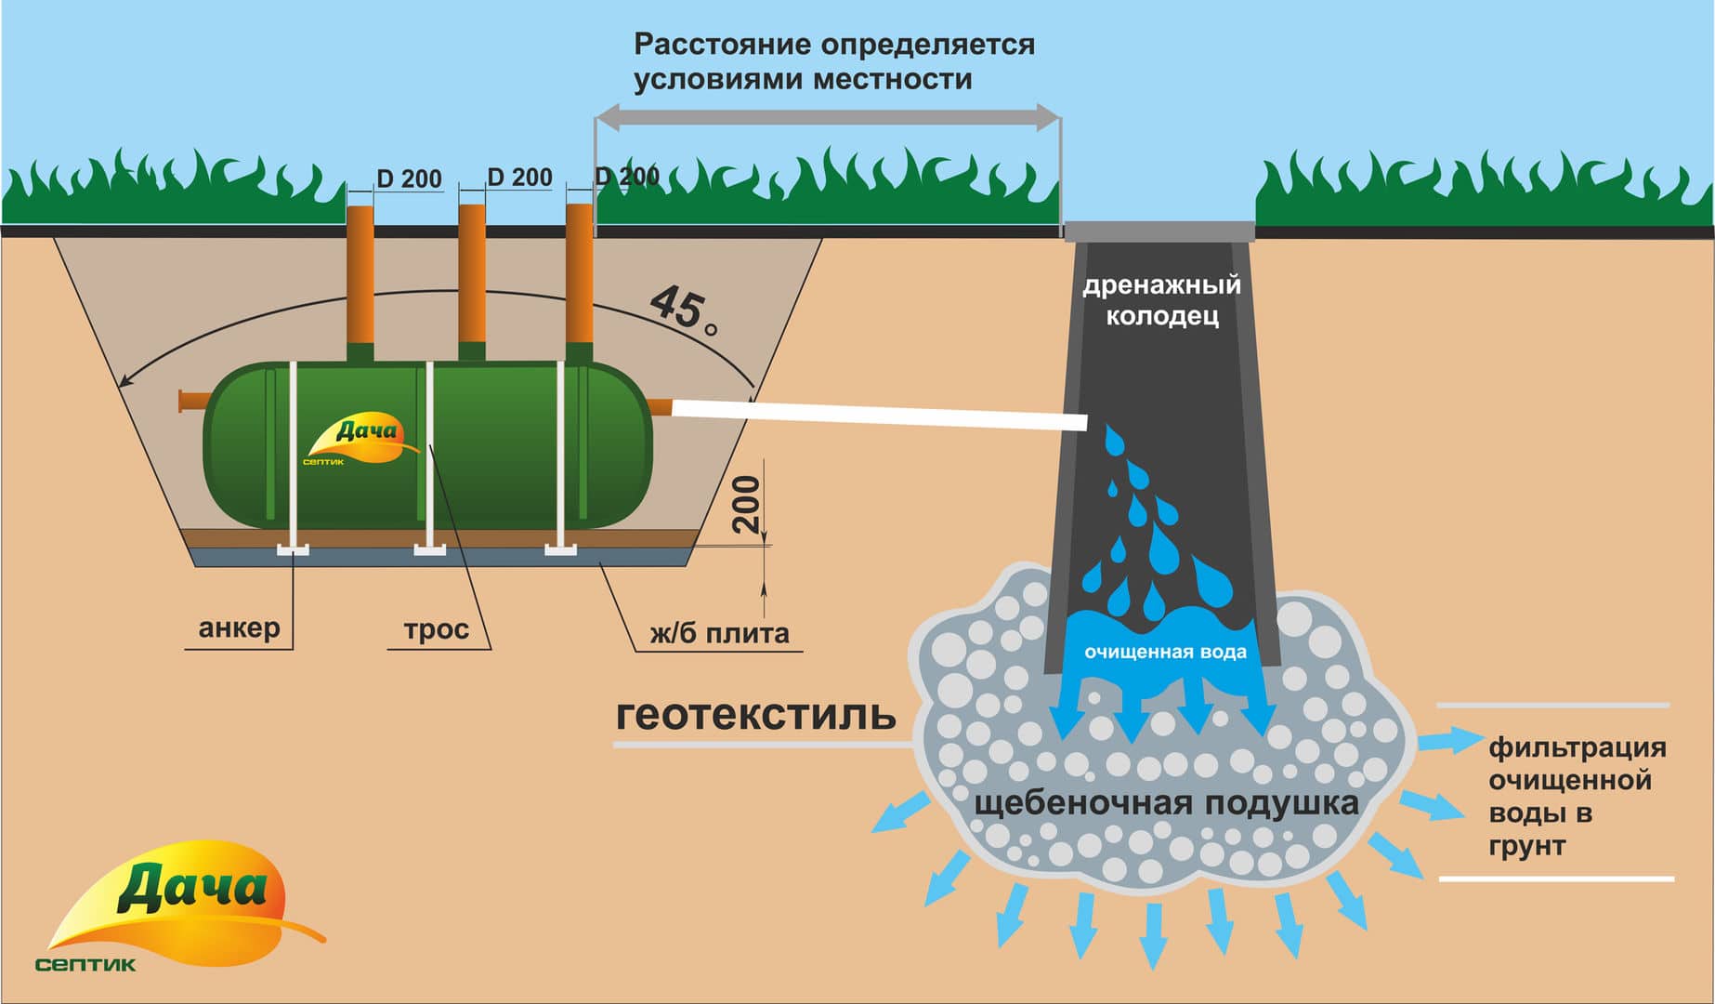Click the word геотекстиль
tap(755, 715)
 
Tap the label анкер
tap(239, 628)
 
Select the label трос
tap(436, 629)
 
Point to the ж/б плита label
tap(719, 633)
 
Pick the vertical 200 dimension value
tap(746, 504)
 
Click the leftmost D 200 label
tap(409, 178)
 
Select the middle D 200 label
tap(519, 177)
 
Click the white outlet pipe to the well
tap(878, 414)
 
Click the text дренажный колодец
tap(1161, 299)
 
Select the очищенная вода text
tap(1165, 652)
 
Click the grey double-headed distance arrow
tap(827, 117)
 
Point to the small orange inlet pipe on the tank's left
tap(191, 401)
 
